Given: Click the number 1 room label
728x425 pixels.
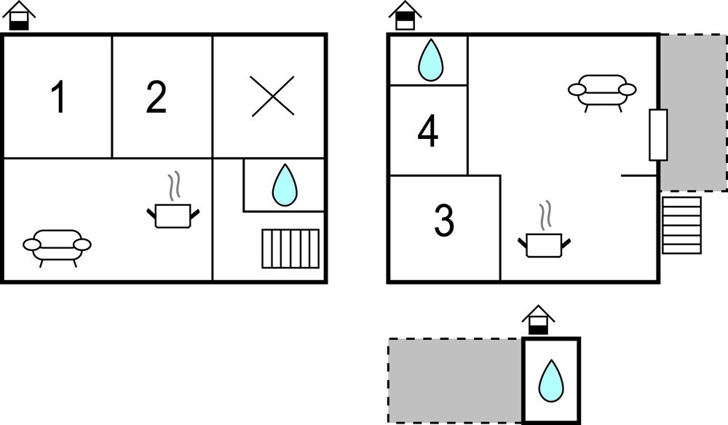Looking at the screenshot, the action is click(58, 97).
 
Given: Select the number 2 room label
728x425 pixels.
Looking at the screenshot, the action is click(156, 97).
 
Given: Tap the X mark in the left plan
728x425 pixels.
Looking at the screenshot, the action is click(272, 95).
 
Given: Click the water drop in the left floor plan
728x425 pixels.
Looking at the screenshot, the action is click(285, 185).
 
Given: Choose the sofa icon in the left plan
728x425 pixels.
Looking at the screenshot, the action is click(57, 247).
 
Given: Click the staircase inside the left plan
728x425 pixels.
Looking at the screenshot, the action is click(290, 248).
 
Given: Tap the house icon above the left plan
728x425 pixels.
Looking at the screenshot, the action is click(19, 16).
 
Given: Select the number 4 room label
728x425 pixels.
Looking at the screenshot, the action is click(427, 132).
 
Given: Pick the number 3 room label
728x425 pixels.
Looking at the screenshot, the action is click(444, 221).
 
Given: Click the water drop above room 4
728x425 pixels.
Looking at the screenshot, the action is click(431, 60).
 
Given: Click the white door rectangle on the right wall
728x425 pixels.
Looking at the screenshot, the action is click(658, 135).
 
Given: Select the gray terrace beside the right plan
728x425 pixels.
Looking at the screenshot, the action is click(694, 112).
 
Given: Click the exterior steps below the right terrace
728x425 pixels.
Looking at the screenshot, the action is click(681, 226).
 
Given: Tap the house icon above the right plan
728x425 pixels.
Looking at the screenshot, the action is click(405, 16).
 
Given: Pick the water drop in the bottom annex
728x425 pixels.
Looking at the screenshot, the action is click(551, 381).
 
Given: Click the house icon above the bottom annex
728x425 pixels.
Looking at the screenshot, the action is click(539, 320).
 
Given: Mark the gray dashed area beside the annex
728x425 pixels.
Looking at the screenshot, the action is click(455, 381).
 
